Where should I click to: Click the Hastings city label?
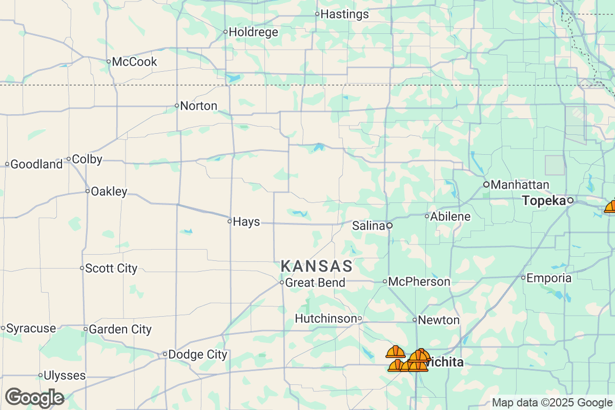pos(344,14)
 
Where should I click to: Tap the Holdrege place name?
pos(253,32)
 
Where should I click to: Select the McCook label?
pos(134,62)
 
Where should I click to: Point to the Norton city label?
pos(199,106)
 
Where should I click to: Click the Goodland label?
pos(36,165)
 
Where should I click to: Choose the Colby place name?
pos(87,159)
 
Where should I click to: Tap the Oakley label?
pos(109,192)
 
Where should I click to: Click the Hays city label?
pos(246,222)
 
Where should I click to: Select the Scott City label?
pos(111,268)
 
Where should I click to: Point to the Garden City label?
pos(120,329)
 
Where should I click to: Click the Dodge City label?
pos(198,354)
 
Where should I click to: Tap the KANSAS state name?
pos(317,266)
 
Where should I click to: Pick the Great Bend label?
pos(315,282)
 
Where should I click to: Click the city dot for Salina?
pos(389,225)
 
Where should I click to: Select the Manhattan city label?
pos(520,184)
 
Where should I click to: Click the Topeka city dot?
pos(570,201)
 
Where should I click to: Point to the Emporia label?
pos(549,278)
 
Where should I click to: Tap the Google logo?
pos(35,398)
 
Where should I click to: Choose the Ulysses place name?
pos(65,376)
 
